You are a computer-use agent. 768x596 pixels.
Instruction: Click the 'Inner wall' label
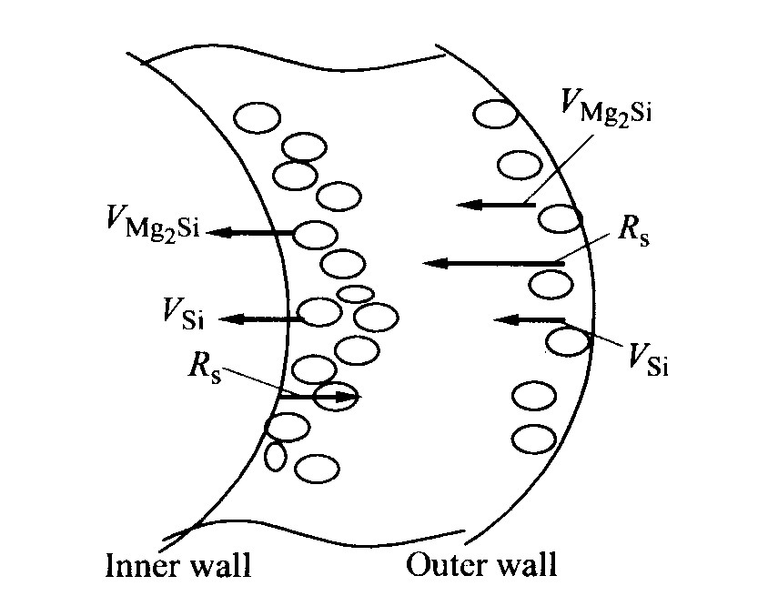177,565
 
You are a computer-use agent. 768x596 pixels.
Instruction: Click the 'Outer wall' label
481,565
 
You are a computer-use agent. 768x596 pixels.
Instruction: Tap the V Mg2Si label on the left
152,223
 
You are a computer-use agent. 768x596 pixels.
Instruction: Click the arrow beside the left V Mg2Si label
251,233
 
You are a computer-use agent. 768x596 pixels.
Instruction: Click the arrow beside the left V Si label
261,318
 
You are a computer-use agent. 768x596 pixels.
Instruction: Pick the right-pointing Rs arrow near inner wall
319,396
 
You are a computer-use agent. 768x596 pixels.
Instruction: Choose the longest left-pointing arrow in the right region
493,263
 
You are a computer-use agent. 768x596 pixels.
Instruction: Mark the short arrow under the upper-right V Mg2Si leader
495,205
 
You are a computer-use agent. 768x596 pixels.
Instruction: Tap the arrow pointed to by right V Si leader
529,319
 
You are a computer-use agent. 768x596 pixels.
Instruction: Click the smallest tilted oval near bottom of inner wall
275,455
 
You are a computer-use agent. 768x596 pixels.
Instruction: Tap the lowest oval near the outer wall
534,439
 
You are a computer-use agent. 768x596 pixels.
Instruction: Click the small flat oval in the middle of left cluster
355,294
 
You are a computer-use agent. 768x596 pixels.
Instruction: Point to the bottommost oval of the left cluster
317,468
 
